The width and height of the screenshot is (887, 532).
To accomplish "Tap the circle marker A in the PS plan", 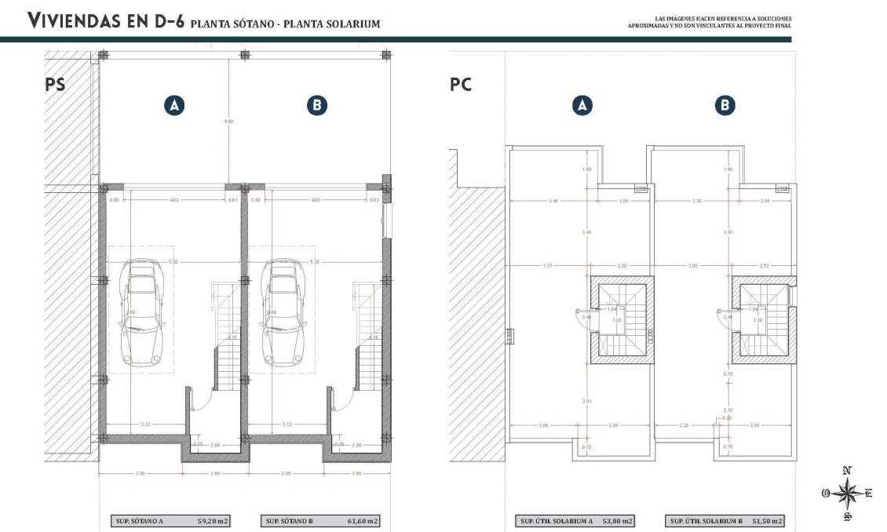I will pos(174,106).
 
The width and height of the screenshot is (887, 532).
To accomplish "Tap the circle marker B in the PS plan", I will pos(316,106).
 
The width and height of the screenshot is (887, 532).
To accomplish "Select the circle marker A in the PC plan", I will pos(582,106).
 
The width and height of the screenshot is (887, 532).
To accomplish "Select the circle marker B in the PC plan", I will pos(725,106).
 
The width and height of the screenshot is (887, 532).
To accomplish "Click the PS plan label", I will pos(55,85).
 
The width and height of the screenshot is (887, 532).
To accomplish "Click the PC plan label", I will pos(461,85).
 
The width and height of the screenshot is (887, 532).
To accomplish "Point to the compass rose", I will pos(847,494).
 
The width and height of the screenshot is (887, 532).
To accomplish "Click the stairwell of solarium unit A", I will pos(620,319).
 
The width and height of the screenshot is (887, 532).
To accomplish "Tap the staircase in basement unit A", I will pos(224,337).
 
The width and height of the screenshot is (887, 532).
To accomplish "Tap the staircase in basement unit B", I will pos(365,337).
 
